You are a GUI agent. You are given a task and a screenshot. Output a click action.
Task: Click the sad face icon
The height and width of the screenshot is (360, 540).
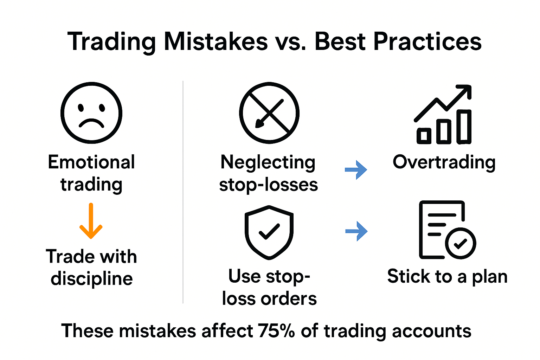pyautogui.click(x=91, y=113)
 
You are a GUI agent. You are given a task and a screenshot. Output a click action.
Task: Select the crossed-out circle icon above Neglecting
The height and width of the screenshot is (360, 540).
pyautogui.click(x=269, y=113)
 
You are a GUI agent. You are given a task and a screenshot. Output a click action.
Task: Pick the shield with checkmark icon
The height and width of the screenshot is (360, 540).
pyautogui.click(x=269, y=232)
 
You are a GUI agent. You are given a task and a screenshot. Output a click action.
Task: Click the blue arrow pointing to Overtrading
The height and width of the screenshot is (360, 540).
pyautogui.click(x=356, y=170)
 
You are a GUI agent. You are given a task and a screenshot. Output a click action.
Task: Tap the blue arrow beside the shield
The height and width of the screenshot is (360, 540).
pyautogui.click(x=356, y=231)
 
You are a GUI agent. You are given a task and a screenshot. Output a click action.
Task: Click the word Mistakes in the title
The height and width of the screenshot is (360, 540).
pyautogui.click(x=216, y=42)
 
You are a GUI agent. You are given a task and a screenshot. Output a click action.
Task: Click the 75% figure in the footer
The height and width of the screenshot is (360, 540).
pyautogui.click(x=276, y=331)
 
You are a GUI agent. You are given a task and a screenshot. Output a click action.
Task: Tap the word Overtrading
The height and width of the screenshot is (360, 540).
pyautogui.click(x=444, y=162)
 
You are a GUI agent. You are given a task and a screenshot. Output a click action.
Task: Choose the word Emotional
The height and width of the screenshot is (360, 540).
pyautogui.click(x=91, y=162)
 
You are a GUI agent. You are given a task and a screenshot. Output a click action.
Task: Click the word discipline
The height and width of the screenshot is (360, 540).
pyautogui.click(x=92, y=279)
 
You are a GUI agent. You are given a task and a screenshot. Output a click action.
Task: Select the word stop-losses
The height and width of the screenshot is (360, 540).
pyautogui.click(x=269, y=185)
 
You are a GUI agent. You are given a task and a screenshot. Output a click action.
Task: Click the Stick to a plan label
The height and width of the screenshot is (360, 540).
pyautogui.click(x=447, y=277)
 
